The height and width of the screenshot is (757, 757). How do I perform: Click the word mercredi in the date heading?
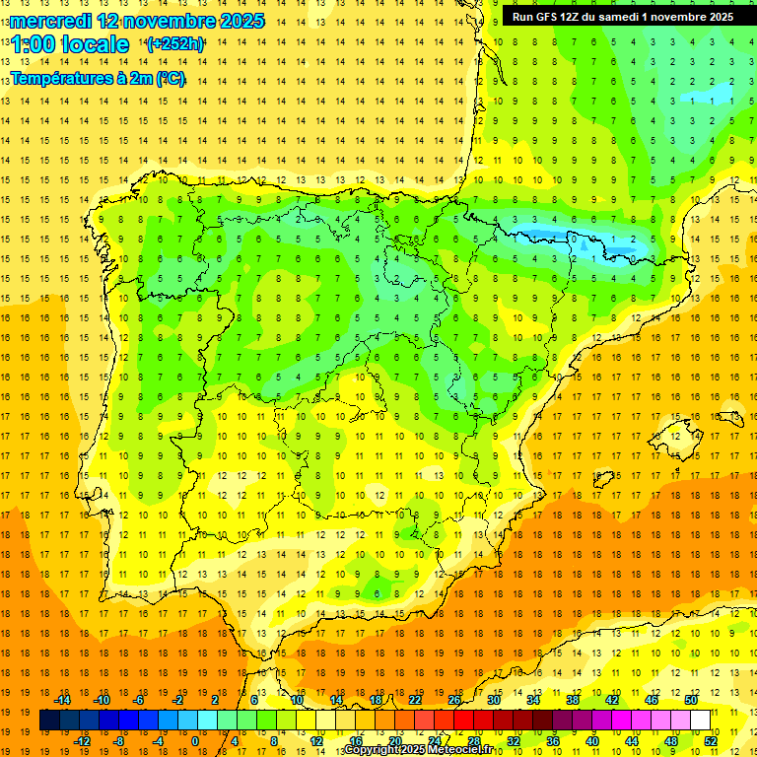coord(49,21)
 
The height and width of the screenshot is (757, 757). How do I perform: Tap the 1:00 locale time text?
coord(69,44)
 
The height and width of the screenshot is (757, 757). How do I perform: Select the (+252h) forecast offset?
coord(175,44)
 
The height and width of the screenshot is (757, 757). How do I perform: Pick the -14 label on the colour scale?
coord(62,700)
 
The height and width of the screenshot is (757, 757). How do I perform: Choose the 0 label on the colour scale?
coord(194,741)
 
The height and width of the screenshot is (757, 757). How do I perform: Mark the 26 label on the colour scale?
coord(454,700)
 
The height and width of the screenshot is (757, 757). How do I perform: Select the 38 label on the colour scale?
coord(573,700)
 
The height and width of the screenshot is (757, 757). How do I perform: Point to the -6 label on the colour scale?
coord(139,700)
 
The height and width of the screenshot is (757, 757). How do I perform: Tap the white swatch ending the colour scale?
coord(700,721)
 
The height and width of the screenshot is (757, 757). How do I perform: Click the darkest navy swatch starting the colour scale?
coord(49,721)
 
